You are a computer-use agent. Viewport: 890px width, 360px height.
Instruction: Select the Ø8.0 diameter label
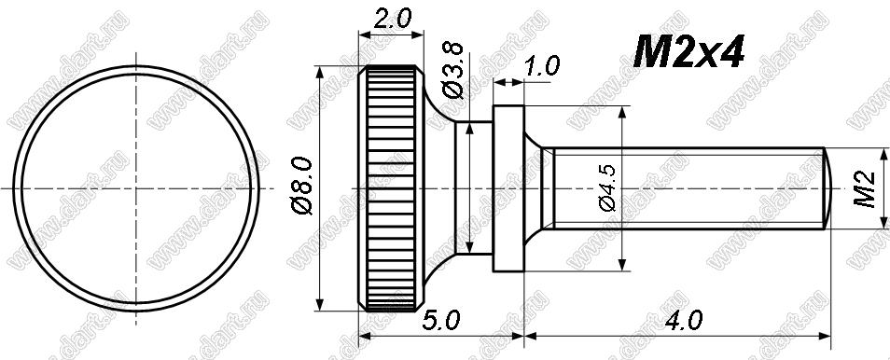(302, 186)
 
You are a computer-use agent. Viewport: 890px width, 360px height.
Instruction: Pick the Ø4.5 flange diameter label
(608, 187)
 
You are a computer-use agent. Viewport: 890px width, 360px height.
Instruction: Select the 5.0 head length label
(440, 322)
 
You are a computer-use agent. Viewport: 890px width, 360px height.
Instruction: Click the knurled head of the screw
(391, 188)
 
